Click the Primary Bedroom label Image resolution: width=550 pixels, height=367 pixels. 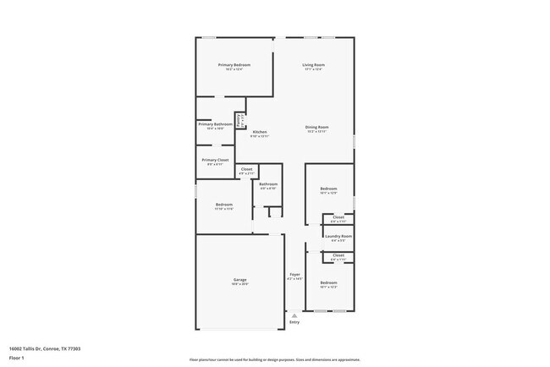[x=234, y=64]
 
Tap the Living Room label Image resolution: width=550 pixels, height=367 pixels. [x=314, y=64]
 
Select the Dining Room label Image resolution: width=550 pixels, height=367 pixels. [x=316, y=127]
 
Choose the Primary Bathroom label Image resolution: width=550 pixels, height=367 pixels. [x=216, y=124]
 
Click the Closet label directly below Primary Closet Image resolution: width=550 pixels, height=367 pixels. [x=246, y=169]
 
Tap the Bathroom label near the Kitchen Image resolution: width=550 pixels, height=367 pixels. [x=268, y=183]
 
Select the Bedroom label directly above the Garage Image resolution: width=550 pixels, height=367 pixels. [x=224, y=204]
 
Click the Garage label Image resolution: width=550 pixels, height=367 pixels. [x=240, y=280]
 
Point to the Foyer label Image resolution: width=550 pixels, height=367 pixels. [x=294, y=274]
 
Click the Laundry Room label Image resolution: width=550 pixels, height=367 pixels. [x=338, y=236]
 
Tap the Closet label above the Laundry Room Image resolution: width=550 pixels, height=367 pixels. [x=338, y=217]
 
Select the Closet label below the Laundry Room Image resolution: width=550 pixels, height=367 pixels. [x=338, y=255]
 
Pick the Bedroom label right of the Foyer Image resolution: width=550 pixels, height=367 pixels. [x=328, y=282]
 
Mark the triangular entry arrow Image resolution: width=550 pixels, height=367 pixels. [x=294, y=314]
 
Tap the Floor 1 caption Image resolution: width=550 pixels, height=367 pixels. [x=18, y=359]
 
